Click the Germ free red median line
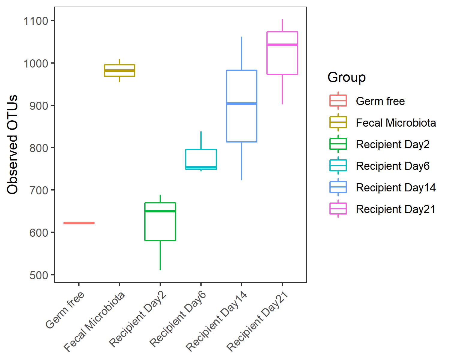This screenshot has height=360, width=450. pyautogui.click(x=79, y=223)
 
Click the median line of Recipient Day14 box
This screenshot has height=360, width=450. pyautogui.click(x=241, y=103)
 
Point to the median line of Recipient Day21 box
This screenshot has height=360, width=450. pyautogui.click(x=282, y=45)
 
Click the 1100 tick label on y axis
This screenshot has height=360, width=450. pyautogui.click(x=36, y=21)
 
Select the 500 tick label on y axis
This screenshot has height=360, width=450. pyautogui.click(x=39, y=275)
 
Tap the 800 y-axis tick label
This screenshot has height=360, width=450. pyautogui.click(x=39, y=148)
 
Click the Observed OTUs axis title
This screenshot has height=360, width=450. pyautogui.click(x=13, y=145)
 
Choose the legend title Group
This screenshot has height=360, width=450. pyautogui.click(x=346, y=77)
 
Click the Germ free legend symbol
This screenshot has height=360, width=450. pyautogui.click(x=338, y=101)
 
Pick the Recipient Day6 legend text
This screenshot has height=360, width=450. pyautogui.click(x=393, y=166)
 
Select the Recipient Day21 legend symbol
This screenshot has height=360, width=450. pyautogui.click(x=338, y=209)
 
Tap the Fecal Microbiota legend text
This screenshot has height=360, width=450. pyautogui.click(x=396, y=123)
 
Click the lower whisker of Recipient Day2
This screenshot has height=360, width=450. pyautogui.click(x=160, y=255)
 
